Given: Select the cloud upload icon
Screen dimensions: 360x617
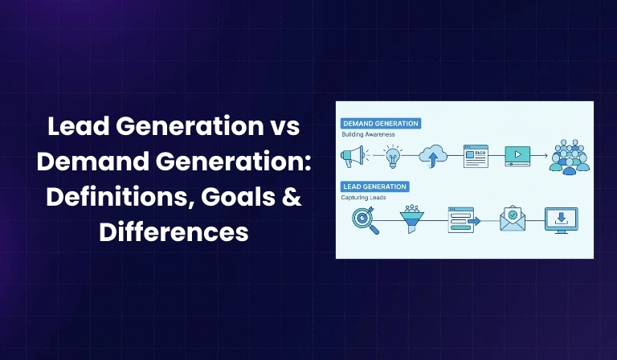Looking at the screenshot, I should pos(435,155).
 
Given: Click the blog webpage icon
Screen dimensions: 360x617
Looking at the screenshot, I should pos(476,155).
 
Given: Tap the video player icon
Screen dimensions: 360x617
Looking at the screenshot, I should pos(517,155).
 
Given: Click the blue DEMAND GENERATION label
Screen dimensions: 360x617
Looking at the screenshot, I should pos(381,123).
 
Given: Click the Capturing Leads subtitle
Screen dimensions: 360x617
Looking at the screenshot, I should pos(364,198).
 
